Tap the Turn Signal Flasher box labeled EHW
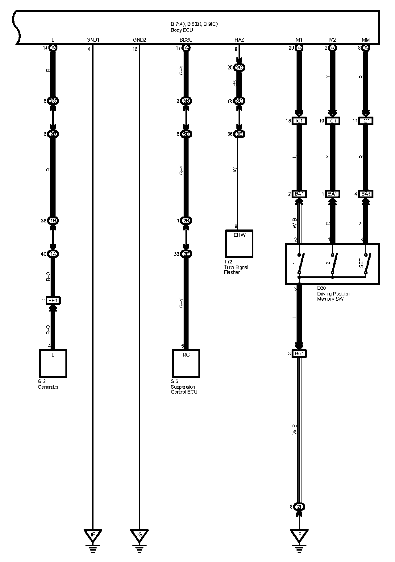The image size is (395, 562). (239, 244)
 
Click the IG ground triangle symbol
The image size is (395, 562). (139, 534)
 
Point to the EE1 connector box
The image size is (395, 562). (53, 300)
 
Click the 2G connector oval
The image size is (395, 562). (53, 101)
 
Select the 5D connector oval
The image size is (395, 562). (186, 134)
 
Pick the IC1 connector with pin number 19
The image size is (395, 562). (332, 121)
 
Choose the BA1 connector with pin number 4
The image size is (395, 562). (366, 194)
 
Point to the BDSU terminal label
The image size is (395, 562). (186, 40)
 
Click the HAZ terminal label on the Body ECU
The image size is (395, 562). (239, 40)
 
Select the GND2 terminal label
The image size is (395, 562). (139, 40)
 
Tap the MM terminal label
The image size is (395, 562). (366, 40)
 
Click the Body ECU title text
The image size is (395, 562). (182, 30)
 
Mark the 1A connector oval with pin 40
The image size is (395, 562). (53, 254)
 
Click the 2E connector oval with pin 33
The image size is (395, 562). (186, 254)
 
